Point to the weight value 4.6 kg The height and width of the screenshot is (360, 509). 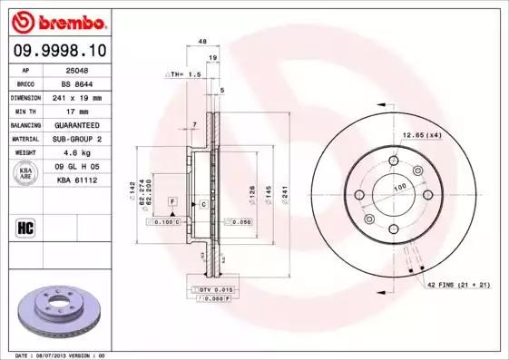coord(75,153)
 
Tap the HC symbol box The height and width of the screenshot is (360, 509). coord(26,228)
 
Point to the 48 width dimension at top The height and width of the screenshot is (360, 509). coord(202,42)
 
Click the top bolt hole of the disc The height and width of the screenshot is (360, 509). coord(393,161)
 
